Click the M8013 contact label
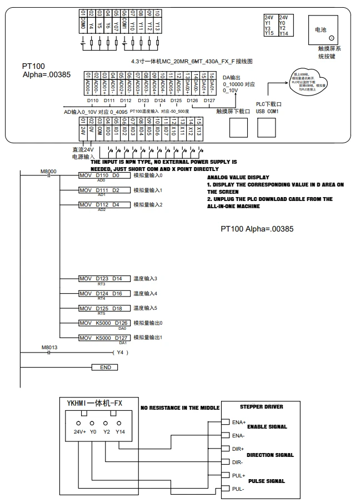[x=49, y=347]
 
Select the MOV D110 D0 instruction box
[x=99, y=175]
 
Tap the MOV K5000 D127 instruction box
[x=104, y=337]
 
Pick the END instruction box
[x=105, y=367]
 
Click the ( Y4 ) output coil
[x=121, y=352]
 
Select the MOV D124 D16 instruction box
[x=101, y=293]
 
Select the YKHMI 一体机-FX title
[x=94, y=404]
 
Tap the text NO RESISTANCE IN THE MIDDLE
[x=180, y=408]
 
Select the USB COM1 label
[x=267, y=111]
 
